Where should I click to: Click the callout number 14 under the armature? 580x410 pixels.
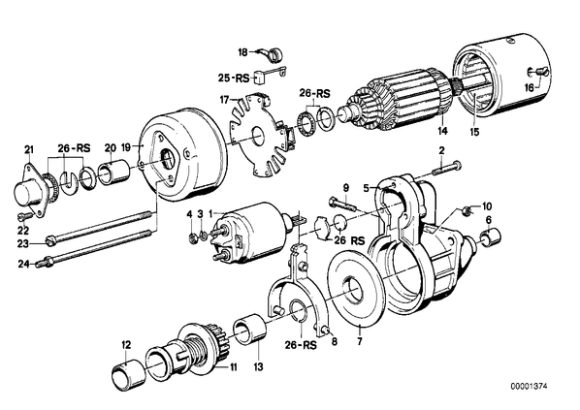[x=443, y=131]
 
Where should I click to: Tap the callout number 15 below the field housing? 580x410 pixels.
[x=474, y=132]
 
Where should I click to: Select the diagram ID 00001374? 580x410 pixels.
[x=529, y=387]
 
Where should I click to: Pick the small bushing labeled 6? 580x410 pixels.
[x=491, y=236]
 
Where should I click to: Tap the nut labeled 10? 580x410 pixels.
[x=467, y=211]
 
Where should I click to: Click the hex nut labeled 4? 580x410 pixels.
[x=192, y=238]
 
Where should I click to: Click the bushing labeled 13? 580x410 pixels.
[x=249, y=329]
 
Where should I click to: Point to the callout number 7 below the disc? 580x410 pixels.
[x=360, y=340]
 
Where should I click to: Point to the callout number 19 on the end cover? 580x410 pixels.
[x=126, y=147]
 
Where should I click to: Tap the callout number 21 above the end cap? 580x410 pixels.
[x=29, y=149]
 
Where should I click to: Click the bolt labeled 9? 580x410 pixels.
[x=341, y=204]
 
